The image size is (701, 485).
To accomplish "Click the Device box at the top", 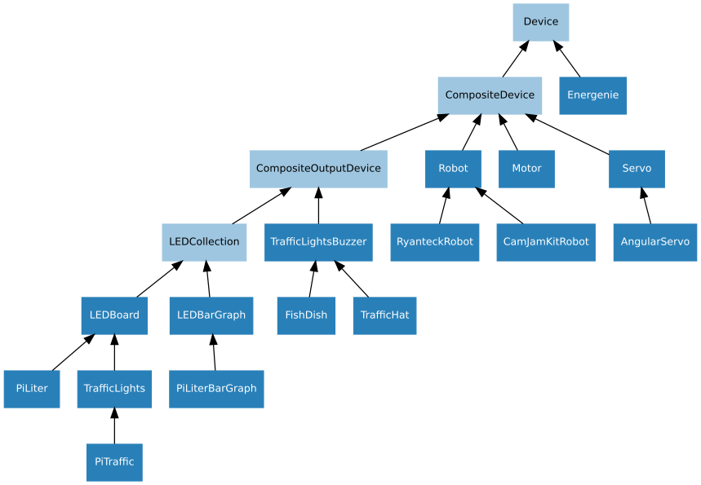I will (x=540, y=22).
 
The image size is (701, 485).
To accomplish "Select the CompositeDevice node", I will (x=490, y=95).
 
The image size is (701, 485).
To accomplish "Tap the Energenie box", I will (x=592, y=95).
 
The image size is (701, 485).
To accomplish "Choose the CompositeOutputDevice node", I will (x=318, y=169).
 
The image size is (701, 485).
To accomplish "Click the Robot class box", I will (x=453, y=169).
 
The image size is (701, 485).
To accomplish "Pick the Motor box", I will (x=526, y=169).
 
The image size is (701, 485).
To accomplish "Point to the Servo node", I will (x=637, y=169).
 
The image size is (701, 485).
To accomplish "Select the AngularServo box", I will (x=654, y=242).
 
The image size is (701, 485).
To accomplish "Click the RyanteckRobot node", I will (x=435, y=242).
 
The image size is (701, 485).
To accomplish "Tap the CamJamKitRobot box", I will (x=545, y=242).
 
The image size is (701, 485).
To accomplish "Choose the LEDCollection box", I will (x=204, y=242).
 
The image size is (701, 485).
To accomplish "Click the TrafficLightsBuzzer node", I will (x=318, y=242).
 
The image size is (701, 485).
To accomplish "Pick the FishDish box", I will (x=306, y=315).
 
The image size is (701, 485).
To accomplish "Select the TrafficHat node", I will (x=384, y=315).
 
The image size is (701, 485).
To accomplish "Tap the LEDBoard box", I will (x=114, y=315).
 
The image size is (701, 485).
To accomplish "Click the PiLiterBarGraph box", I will (x=216, y=389).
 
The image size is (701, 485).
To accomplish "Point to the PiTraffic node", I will (x=114, y=462).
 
